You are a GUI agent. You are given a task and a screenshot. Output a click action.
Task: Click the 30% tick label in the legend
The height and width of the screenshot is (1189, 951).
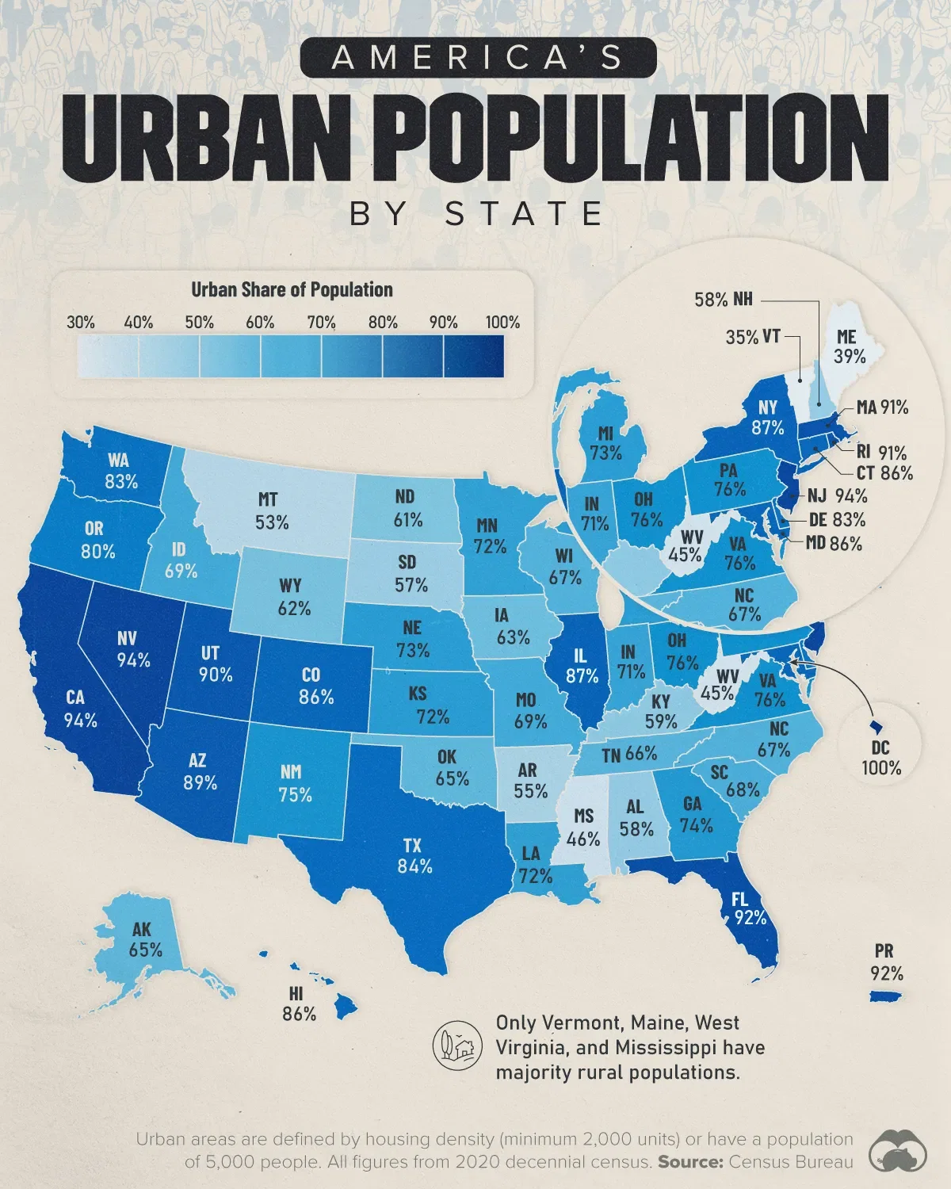pyautogui.click(x=81, y=323)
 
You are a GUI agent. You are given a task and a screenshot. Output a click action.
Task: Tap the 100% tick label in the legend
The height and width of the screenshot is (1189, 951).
pyautogui.click(x=503, y=323)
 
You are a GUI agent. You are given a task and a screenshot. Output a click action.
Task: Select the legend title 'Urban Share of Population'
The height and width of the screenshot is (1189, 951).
pyautogui.click(x=292, y=290)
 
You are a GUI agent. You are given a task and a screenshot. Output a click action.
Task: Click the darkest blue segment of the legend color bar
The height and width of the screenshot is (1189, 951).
pyautogui.click(x=473, y=355)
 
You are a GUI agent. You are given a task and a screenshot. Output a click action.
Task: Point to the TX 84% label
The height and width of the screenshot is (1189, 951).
pyautogui.click(x=415, y=855)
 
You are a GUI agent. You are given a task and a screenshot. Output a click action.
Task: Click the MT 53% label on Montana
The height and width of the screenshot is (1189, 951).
pyautogui.click(x=272, y=511)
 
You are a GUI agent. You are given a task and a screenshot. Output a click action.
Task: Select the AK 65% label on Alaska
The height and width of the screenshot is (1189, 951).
pyautogui.click(x=145, y=939)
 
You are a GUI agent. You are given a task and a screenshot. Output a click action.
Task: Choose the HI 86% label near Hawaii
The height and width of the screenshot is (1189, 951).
pyautogui.click(x=299, y=1004)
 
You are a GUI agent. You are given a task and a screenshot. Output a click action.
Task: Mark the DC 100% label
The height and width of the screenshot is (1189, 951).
pyautogui.click(x=881, y=758)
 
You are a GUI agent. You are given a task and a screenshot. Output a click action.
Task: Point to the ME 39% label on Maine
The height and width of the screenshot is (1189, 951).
pyautogui.click(x=849, y=347)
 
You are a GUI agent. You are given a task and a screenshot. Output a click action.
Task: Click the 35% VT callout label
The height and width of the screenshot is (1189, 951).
pyautogui.click(x=752, y=337)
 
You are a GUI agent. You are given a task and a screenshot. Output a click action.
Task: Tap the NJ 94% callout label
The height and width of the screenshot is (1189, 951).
pyautogui.click(x=838, y=496)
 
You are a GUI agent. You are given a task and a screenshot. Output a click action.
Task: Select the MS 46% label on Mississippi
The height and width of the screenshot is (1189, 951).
pyautogui.click(x=583, y=828)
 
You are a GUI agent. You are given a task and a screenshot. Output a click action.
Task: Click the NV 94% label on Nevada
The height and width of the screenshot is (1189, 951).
pyautogui.click(x=132, y=649)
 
